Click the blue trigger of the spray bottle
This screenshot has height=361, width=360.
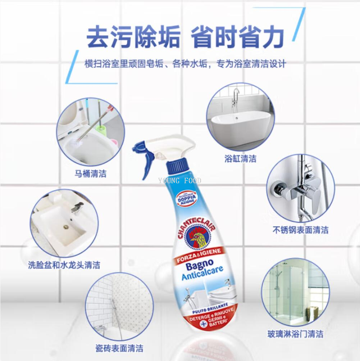pos(147,162)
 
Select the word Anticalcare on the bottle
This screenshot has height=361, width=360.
pos(202,276)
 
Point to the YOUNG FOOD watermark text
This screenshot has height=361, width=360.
pos(179,181)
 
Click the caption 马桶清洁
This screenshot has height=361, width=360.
pos(90,174)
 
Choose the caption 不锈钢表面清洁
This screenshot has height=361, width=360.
pos(300,230)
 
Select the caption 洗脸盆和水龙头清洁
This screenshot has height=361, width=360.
pos(64,265)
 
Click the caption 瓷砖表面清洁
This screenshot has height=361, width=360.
pos(114,348)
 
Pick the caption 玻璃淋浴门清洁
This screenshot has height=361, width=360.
pos(295,334)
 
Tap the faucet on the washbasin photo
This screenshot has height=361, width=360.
pos(77,208)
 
